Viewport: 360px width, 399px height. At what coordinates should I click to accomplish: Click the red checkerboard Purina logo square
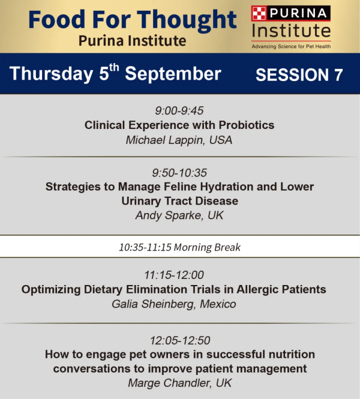pyautogui.click(x=259, y=13)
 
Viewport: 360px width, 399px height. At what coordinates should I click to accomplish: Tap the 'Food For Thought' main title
pyautogui.click(x=133, y=20)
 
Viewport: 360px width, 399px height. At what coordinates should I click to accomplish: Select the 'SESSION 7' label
pyautogui.click(x=299, y=75)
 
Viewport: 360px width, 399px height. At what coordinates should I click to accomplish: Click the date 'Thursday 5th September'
pyautogui.click(x=115, y=73)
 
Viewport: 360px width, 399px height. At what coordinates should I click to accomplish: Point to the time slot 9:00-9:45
pyautogui.click(x=179, y=110)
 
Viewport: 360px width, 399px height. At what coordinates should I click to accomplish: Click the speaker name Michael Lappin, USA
pyautogui.click(x=179, y=140)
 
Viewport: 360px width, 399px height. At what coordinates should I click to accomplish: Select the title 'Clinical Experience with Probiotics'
pyautogui.click(x=179, y=125)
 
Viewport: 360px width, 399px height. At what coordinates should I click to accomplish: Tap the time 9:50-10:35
pyautogui.click(x=179, y=173)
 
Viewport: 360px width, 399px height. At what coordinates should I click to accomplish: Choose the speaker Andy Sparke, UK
pyautogui.click(x=179, y=215)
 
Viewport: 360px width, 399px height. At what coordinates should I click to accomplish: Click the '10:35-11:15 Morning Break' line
pyautogui.click(x=179, y=247)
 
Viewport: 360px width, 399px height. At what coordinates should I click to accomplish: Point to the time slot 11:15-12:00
pyautogui.click(x=174, y=275)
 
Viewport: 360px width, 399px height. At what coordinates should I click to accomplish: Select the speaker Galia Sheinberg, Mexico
pyautogui.click(x=174, y=304)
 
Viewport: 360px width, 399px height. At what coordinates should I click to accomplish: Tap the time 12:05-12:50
pyautogui.click(x=180, y=340)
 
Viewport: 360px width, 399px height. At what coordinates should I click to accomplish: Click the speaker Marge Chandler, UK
pyautogui.click(x=180, y=383)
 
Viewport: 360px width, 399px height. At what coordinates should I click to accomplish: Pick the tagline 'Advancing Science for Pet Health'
pyautogui.click(x=292, y=47)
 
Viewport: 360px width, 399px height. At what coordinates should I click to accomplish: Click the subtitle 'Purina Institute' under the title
pyautogui.click(x=132, y=41)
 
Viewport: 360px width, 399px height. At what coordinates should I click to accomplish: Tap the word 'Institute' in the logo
pyautogui.click(x=292, y=31)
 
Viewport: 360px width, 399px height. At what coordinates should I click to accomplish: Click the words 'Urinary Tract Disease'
pyautogui.click(x=180, y=201)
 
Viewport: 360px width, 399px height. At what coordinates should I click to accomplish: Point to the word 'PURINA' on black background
pyautogui.click(x=298, y=13)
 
